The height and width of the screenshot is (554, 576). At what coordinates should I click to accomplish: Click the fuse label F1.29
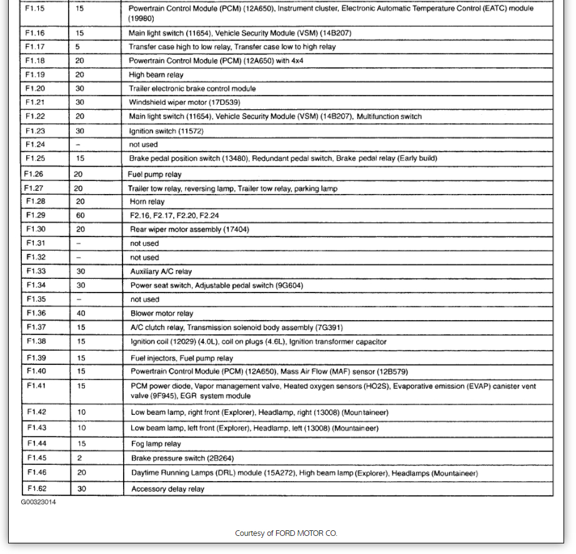coord(35,215)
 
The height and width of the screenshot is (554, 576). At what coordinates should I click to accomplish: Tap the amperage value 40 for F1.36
coord(81,313)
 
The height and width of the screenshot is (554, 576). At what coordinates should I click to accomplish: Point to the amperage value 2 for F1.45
coord(80,458)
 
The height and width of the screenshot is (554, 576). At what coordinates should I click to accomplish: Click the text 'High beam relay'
coord(156,75)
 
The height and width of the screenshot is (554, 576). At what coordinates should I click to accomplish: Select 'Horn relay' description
coord(147,202)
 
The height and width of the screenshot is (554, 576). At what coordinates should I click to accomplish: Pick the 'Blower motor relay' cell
coord(162,313)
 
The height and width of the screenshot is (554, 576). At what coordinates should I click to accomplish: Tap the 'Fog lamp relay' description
coord(156,444)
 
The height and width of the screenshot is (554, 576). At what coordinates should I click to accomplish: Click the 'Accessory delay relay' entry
coord(167,489)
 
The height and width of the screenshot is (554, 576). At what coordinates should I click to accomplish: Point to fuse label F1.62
coord(36,488)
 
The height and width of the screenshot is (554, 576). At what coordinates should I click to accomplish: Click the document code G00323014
coord(38,502)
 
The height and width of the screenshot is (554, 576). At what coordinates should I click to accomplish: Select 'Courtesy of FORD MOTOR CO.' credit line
coord(286,533)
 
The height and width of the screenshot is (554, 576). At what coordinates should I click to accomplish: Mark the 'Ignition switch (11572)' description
coord(166,131)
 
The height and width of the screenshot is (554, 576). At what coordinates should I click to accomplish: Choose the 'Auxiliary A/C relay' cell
coord(161,271)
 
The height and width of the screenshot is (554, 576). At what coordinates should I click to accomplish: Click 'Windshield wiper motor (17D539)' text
coord(185,102)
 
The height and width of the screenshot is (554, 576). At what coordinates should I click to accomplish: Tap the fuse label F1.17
coord(35,47)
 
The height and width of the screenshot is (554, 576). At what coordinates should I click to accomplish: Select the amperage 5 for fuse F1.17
coord(77,47)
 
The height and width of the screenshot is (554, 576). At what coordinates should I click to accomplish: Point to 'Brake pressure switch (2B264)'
coord(182,458)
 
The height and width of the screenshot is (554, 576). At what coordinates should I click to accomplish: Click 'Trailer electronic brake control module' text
coord(192,89)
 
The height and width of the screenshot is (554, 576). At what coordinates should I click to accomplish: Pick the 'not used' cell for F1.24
coord(143,145)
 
